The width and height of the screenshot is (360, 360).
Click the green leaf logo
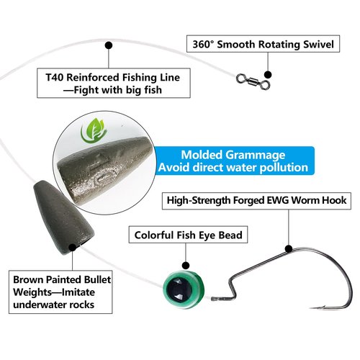tap(94, 130)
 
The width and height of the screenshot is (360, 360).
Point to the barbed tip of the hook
tap(312, 308)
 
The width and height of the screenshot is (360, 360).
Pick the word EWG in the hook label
tap(275, 200)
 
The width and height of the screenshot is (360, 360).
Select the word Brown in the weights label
tap(28, 279)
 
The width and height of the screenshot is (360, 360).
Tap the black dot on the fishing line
tap(109, 45)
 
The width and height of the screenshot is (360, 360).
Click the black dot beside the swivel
tap(268, 75)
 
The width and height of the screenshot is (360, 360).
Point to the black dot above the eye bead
tap(186, 266)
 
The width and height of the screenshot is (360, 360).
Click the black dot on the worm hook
tap(289, 248)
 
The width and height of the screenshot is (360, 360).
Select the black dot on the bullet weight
tap(73, 248)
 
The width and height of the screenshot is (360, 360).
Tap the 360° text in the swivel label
tap(203, 45)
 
